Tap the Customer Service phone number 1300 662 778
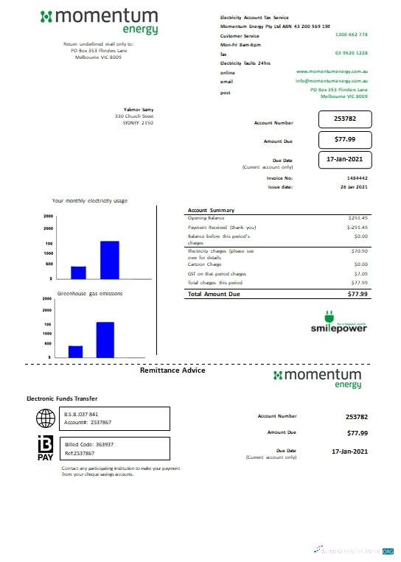[x=351, y=35]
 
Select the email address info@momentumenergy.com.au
[x=332, y=80]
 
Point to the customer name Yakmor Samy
[x=138, y=109]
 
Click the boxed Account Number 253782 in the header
[x=345, y=119]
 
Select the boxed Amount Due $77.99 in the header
[x=345, y=139]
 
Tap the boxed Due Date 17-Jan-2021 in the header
[x=345, y=159]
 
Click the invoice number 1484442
[x=357, y=178]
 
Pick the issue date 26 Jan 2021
[x=355, y=187]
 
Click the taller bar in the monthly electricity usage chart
[x=109, y=260]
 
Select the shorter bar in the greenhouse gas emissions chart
[x=75, y=351]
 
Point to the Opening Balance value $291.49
[x=358, y=218]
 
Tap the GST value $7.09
[x=360, y=273]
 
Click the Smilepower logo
[x=338, y=326]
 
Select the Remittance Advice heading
[x=172, y=370]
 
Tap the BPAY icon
[x=45, y=449]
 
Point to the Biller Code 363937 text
[x=88, y=444]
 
